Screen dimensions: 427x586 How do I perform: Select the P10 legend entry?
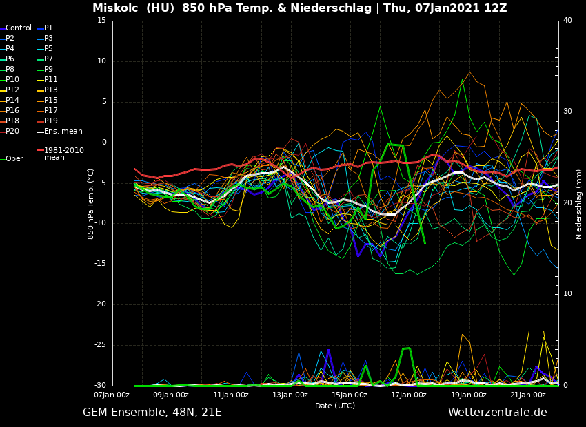pyautogui.click(x=12, y=80)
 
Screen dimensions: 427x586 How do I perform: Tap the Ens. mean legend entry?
pyautogui.click(x=63, y=132)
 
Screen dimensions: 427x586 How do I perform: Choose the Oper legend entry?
pyautogui.click(x=14, y=159)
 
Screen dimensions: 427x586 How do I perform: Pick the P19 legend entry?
pyautogui.click(x=51, y=121)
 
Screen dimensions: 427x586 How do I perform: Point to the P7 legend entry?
pyautogui.click(x=48, y=59)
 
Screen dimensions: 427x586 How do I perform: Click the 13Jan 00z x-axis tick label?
pyautogui.click(x=290, y=395)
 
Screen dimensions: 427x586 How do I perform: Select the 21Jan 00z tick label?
pyautogui.click(x=528, y=395)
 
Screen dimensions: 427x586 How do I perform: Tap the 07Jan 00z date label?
pyautogui.click(x=111, y=395)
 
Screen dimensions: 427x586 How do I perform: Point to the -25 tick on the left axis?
pyautogui.click(x=100, y=345)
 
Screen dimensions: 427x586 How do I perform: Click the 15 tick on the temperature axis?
pyautogui.click(x=101, y=21)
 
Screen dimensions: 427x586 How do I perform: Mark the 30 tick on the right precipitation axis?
pyautogui.click(x=568, y=111)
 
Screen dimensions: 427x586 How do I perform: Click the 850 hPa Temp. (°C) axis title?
pyautogui.click(x=91, y=203)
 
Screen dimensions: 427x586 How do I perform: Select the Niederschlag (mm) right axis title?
pyautogui.click(x=579, y=204)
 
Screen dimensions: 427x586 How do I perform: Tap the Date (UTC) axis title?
pyautogui.click(x=335, y=406)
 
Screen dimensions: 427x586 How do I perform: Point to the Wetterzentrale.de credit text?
pyautogui.click(x=497, y=413)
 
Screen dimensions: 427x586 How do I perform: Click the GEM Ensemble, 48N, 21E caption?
pyautogui.click(x=152, y=413)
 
